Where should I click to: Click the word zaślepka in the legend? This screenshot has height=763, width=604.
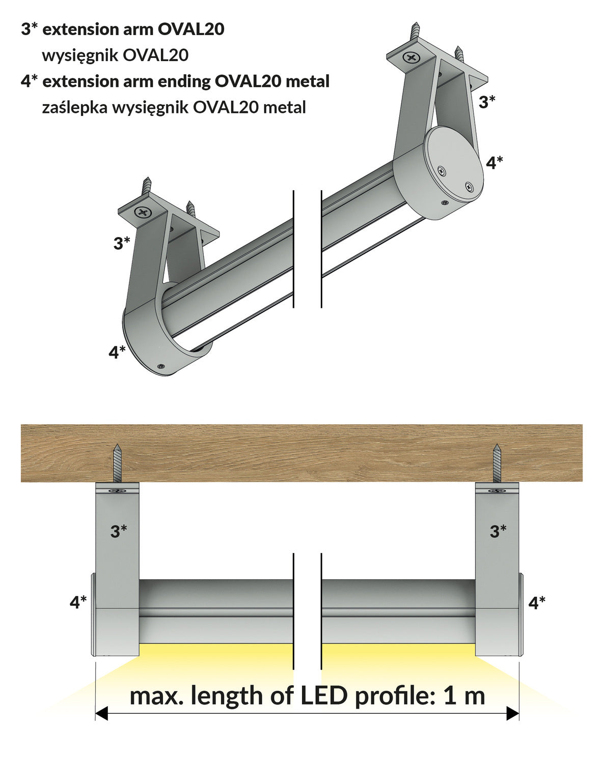point(74,107)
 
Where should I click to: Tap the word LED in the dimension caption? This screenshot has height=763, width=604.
point(324,696)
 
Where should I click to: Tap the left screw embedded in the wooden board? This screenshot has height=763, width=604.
point(118,463)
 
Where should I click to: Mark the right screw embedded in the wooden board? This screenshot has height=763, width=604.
point(497,463)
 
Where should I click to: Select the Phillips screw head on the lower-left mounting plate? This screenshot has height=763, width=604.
point(143,212)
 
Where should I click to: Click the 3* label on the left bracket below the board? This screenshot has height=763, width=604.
point(119,531)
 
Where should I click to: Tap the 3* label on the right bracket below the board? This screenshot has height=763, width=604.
point(498,531)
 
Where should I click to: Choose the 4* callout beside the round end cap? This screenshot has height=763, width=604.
point(494,163)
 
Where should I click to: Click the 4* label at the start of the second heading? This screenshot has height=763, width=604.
point(29,81)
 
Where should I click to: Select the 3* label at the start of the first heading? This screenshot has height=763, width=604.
point(29,30)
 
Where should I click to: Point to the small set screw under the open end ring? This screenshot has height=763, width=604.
point(161,366)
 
